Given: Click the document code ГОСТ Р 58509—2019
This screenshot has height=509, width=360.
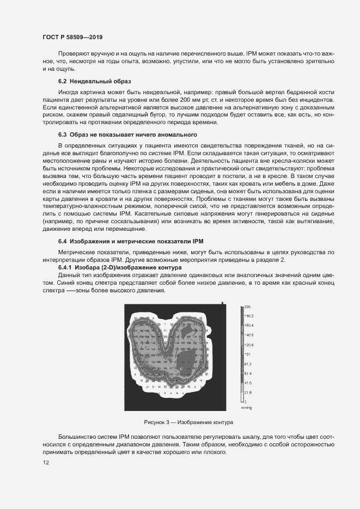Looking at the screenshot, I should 72,38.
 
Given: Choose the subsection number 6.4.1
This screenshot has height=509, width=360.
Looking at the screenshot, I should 67,268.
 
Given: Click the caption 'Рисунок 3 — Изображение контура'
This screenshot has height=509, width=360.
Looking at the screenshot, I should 188,422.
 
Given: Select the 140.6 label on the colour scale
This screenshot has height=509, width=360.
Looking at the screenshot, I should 248,335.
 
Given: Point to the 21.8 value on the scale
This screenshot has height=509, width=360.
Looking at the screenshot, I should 248,393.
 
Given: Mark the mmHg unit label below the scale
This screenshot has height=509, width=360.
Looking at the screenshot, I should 247,407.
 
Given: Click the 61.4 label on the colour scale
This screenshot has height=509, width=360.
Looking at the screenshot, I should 248,373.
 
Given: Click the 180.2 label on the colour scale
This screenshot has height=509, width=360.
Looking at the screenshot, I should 248,316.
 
